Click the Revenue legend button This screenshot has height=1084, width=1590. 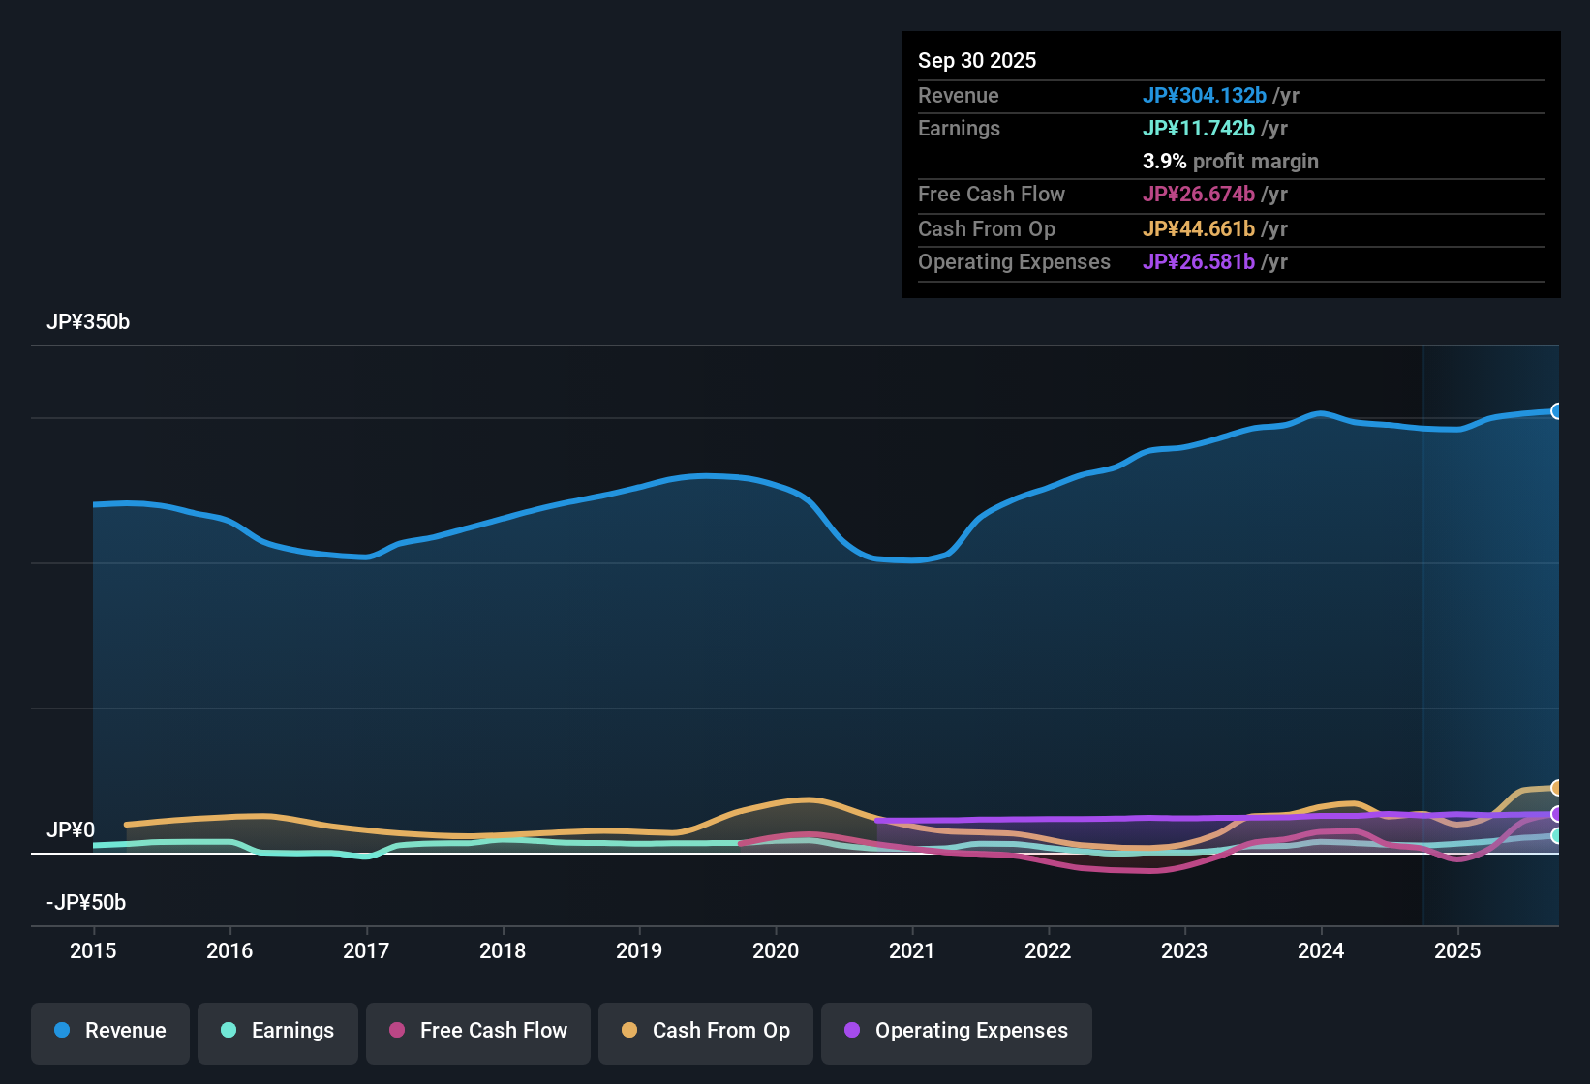[x=110, y=1031]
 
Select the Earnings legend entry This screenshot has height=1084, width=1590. [x=278, y=1031]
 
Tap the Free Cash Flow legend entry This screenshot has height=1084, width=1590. [x=478, y=1031]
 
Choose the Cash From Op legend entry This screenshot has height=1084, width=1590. [x=706, y=1031]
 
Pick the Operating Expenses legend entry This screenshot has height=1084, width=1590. [x=957, y=1031]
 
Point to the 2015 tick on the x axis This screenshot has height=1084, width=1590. [x=93, y=950]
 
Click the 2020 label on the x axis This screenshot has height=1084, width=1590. [x=776, y=950]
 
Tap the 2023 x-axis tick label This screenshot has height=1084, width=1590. [x=1184, y=950]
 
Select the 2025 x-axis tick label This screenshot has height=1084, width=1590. [x=1457, y=950]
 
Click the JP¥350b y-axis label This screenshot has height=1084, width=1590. [x=88, y=322]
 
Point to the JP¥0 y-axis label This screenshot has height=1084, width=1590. [x=71, y=830]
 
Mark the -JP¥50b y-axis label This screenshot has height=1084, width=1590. [x=86, y=903]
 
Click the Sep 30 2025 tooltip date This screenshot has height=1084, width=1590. [x=977, y=61]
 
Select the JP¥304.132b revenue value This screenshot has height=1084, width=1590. [x=1205, y=96]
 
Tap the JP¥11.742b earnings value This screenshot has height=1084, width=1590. [x=1199, y=129]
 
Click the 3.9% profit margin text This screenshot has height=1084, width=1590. [x=1230, y=162]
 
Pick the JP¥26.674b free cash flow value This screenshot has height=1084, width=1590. [x=1199, y=195]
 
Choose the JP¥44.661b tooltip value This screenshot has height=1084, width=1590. [x=1199, y=229]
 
